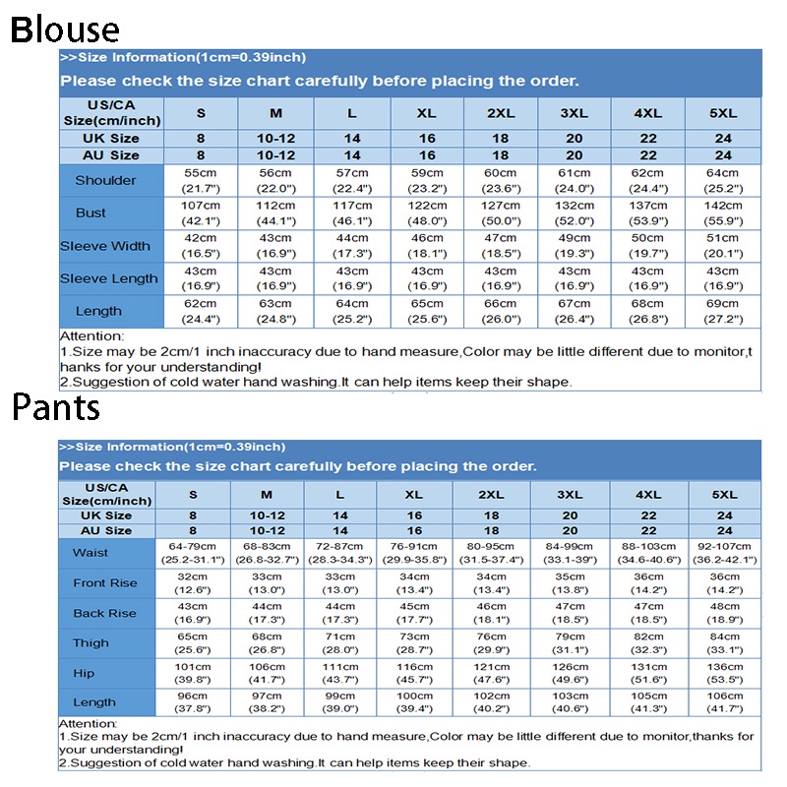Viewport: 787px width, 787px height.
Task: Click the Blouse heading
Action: pyautogui.click(x=65, y=30)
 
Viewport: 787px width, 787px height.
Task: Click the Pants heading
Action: pyautogui.click(x=56, y=406)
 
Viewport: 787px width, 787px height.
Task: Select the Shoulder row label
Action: pyautogui.click(x=105, y=180)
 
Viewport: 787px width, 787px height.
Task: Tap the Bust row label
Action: pyautogui.click(x=91, y=212)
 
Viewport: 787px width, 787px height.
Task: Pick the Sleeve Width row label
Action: pyautogui.click(x=105, y=246)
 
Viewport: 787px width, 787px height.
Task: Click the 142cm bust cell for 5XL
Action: pyautogui.click(x=723, y=212)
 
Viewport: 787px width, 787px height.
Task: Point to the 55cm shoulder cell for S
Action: pyautogui.click(x=201, y=180)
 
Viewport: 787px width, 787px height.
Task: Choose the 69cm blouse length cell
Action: pyautogui.click(x=723, y=311)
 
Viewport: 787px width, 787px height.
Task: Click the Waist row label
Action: pyautogui.click(x=91, y=553)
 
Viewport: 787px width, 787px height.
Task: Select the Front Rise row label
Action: pyautogui.click(x=105, y=583)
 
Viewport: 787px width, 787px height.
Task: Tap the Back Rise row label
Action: pyautogui.click(x=104, y=613)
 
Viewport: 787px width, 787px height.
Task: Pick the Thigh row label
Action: pyautogui.click(x=91, y=643)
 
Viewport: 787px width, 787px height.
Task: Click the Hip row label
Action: pyautogui.click(x=84, y=673)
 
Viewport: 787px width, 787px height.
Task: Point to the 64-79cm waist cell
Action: pyautogui.click(x=193, y=553)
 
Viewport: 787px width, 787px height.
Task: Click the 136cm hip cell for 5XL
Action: pyautogui.click(x=725, y=673)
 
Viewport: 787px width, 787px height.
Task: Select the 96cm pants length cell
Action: pyautogui.click(x=193, y=702)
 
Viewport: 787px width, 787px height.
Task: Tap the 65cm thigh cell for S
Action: pyautogui.click(x=193, y=643)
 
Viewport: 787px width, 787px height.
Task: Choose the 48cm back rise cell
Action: pyautogui.click(x=725, y=613)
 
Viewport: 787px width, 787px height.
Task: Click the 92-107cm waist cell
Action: pyautogui.click(x=725, y=553)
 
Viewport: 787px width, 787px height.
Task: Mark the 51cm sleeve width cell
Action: pyautogui.click(x=723, y=246)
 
